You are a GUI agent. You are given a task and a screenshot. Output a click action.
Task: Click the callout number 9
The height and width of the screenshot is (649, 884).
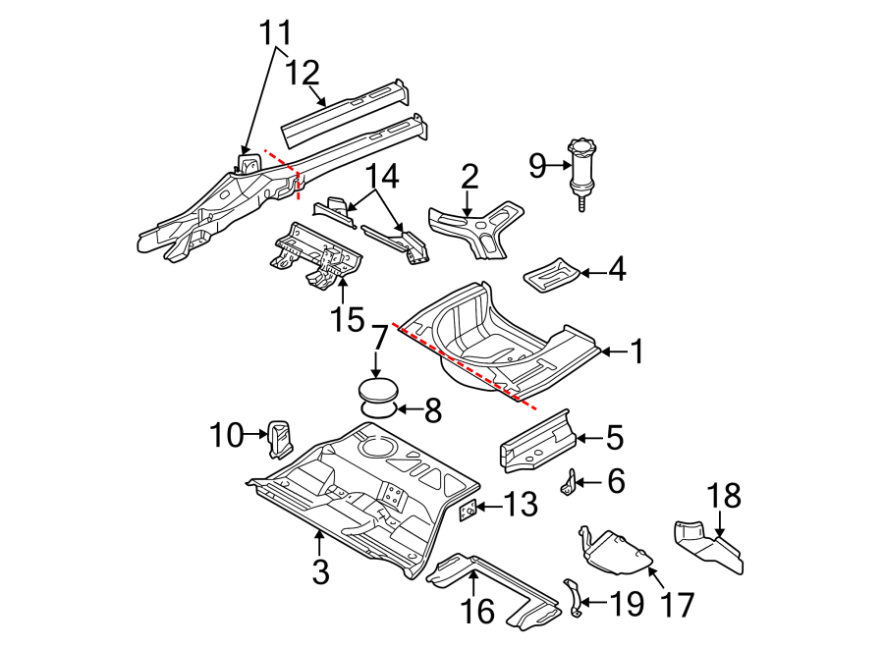tap(536, 166)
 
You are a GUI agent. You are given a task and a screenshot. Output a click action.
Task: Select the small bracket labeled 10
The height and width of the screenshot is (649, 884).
tap(278, 438)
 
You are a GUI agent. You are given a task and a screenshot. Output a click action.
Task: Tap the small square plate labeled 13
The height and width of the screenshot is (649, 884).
tap(470, 510)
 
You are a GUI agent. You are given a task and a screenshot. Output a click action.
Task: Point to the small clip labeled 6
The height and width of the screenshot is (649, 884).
tap(569, 482)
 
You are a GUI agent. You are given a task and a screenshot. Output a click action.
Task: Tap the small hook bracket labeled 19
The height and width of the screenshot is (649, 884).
tap(571, 598)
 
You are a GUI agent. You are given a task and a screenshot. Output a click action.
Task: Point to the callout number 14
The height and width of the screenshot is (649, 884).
tap(384, 178)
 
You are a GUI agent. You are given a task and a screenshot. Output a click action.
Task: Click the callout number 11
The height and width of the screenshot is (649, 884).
tap(276, 33)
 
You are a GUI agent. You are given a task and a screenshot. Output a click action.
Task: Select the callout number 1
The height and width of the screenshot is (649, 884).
tap(635, 351)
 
